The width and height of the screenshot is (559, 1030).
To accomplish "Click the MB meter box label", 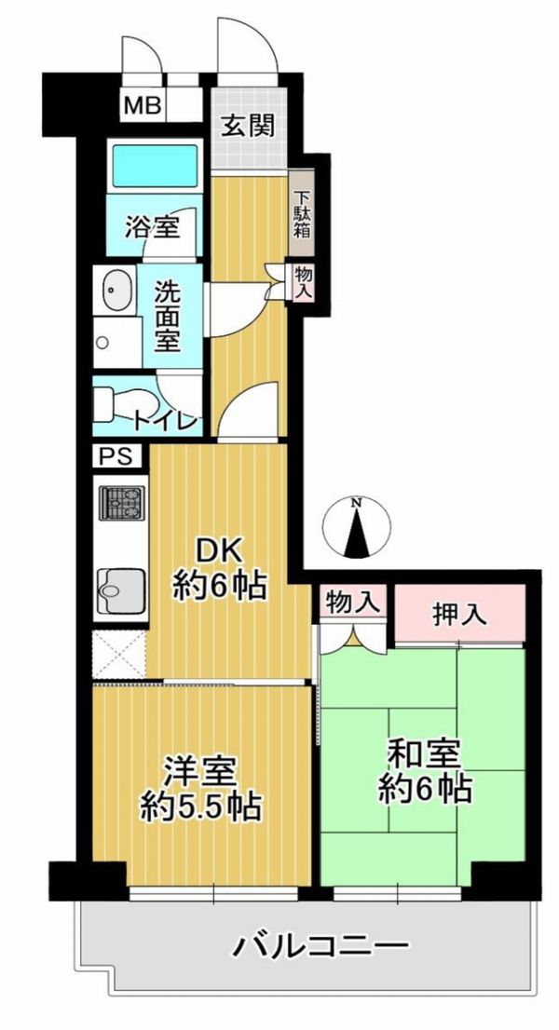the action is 143,106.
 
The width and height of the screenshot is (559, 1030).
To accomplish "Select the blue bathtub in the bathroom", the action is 155,167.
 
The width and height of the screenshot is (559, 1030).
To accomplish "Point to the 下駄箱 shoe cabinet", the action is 302,213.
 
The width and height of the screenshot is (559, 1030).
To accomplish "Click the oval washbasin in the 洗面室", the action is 118,289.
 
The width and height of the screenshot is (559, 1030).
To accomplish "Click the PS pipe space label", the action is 116,456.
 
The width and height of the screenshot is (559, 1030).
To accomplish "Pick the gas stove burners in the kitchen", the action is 121,503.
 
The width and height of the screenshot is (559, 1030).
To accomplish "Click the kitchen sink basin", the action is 120,590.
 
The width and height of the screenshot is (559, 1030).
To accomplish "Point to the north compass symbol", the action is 357,526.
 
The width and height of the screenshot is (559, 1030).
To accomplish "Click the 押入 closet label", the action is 459,615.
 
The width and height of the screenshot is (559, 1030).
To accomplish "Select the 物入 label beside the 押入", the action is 352,601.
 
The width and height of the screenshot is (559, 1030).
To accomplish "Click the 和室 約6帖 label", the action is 424,771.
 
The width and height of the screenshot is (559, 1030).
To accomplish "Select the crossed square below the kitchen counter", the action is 119,655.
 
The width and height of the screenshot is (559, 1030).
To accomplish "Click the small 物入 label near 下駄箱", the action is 303,282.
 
